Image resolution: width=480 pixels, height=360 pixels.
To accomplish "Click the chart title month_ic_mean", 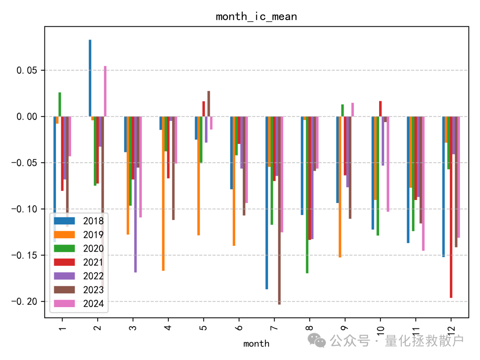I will (256, 17).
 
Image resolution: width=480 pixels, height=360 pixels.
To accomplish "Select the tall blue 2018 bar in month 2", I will (90, 78).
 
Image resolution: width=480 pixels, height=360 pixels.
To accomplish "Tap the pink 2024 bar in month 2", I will (105, 91).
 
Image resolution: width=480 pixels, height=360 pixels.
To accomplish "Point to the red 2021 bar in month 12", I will (451, 207).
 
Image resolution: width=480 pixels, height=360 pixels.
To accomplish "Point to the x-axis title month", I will (256, 344).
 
